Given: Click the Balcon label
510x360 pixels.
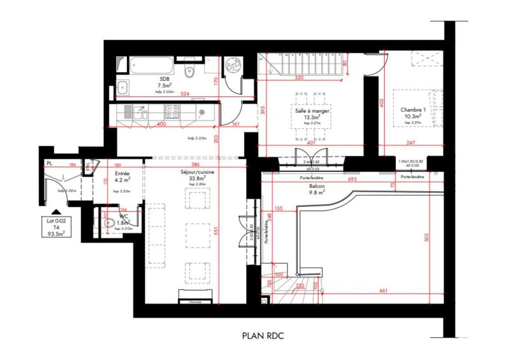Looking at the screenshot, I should [315, 186].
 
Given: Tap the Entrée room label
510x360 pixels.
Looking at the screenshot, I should [122, 173].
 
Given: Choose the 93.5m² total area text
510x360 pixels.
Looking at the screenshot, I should [57, 233].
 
